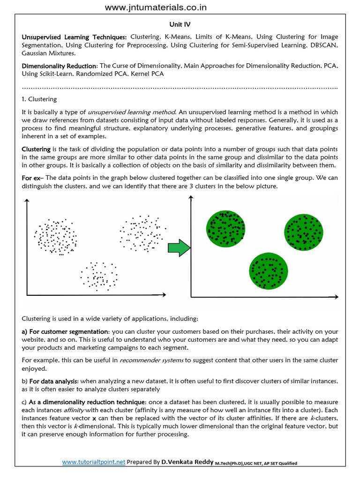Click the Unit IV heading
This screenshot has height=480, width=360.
coord(180,23)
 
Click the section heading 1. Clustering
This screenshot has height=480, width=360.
coord(39,99)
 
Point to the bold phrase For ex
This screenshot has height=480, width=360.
coord(31,178)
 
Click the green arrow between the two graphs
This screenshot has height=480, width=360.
coord(179,247)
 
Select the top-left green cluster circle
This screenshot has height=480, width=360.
coord(226,228)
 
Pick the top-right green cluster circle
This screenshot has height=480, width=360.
coord(304,232)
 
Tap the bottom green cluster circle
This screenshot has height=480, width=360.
coord(268,271)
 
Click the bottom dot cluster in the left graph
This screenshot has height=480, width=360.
coord(99,275)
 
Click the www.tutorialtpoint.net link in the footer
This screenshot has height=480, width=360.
coord(94,462)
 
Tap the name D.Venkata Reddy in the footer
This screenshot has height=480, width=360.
coord(187,462)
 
